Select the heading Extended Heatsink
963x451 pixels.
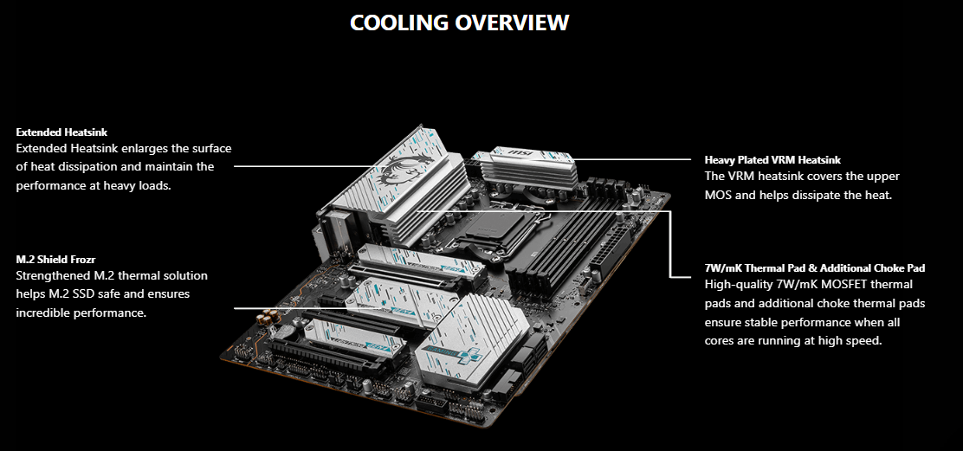point(61,132)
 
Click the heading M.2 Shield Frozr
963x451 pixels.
point(55,259)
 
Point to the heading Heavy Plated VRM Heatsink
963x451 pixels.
point(772,160)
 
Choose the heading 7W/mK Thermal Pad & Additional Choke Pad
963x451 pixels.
point(815,268)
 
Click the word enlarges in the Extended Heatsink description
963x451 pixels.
point(146,149)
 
